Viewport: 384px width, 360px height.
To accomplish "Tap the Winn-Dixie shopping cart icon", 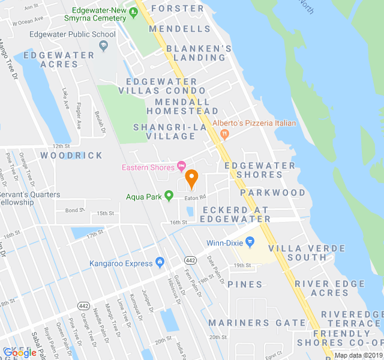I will tap(251, 242).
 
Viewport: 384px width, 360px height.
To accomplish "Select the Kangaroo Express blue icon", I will tap(160, 262).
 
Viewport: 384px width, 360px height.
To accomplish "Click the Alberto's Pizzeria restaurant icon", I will tap(224, 134).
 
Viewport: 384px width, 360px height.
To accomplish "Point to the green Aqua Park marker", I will tap(169, 196).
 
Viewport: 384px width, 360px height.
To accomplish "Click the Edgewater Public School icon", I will tap(104, 46).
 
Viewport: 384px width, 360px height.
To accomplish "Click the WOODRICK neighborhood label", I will tap(72, 155).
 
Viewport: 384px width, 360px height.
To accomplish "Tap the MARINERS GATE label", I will tap(257, 323).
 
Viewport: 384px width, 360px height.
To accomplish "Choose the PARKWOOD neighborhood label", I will tap(273, 193).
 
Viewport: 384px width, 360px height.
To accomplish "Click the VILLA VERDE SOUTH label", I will tap(298, 253).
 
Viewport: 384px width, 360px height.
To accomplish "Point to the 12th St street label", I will tap(61, 146).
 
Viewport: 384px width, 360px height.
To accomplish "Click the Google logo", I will tap(20, 352).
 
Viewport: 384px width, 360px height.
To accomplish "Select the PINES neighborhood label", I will tap(245, 284).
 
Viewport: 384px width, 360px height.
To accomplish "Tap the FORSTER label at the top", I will tap(178, 8).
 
